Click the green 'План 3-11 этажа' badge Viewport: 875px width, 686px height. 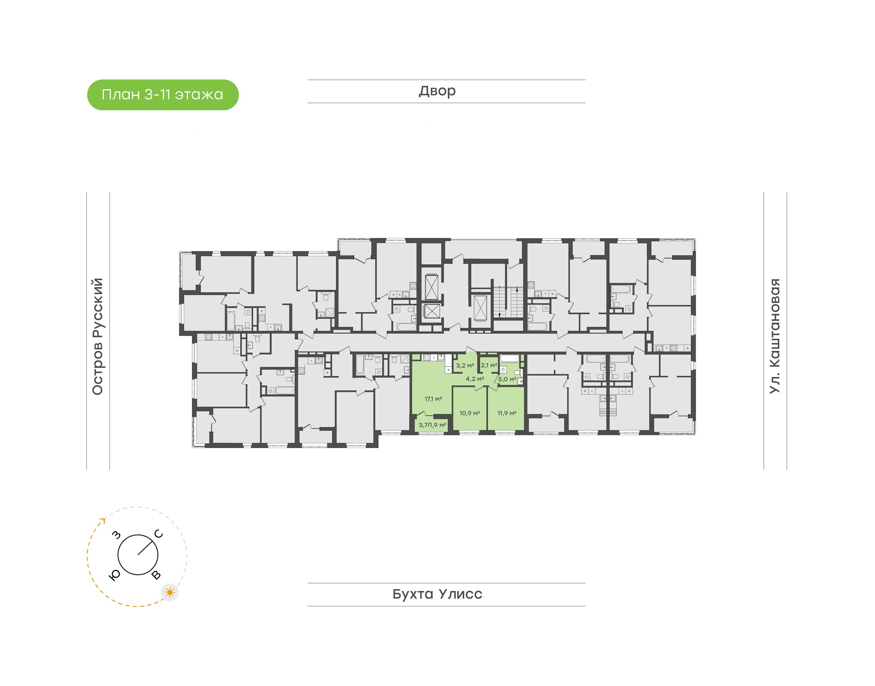[x=163, y=95]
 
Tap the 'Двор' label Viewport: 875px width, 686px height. [x=437, y=91]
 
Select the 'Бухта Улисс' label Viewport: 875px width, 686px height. [x=437, y=594]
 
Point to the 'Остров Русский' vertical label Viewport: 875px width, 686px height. [x=98, y=337]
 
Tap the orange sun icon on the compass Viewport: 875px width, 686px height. [x=170, y=593]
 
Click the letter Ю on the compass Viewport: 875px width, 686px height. [x=115, y=576]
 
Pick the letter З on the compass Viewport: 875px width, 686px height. [x=116, y=535]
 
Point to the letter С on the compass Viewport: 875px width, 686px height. [x=159, y=534]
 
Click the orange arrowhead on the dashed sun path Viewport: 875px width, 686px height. [x=103, y=521]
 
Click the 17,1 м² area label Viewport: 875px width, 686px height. [x=433, y=399]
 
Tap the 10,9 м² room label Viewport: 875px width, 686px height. [x=469, y=413]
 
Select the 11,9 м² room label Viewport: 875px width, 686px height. [x=507, y=413]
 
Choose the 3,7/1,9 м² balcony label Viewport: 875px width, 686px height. [x=432, y=425]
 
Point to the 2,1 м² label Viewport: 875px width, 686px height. [x=489, y=365]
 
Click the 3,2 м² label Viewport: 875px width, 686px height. [x=465, y=365]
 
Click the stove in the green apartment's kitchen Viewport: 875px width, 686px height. [x=427, y=357]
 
